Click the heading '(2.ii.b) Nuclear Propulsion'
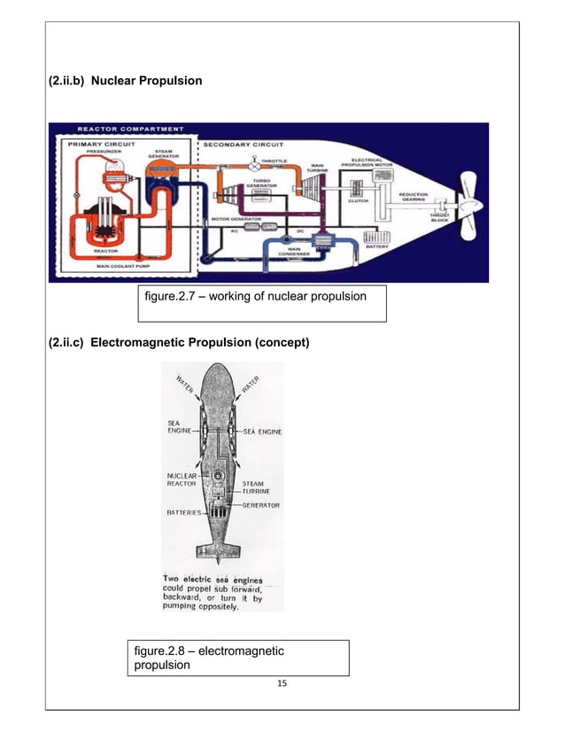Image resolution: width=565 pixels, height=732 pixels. [125, 82]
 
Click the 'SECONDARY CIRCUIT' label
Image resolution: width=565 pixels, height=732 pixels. [244, 143]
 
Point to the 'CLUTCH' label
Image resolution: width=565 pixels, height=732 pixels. [359, 201]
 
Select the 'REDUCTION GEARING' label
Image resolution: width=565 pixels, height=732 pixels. [414, 197]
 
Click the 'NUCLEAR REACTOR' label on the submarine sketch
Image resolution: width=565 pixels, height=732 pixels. [183, 479]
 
